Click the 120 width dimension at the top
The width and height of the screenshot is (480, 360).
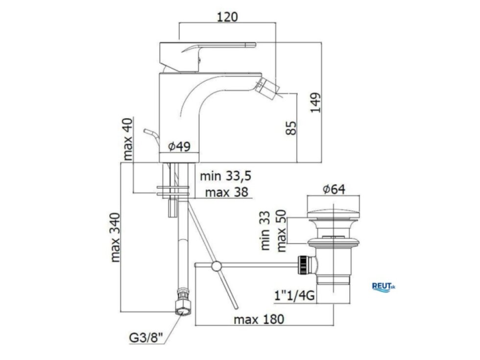coord(227,17)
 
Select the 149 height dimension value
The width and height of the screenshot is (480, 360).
coord(315,102)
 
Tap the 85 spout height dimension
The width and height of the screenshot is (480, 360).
coord(291,128)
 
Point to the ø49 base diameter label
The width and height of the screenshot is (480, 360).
coord(179,146)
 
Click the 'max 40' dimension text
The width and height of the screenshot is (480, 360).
coord(128,139)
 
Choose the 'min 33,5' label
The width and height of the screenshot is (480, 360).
coord(226,176)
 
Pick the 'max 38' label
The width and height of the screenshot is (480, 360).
coord(226,192)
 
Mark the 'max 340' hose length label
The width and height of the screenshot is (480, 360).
coord(115,238)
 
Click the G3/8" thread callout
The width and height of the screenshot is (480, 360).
coord(146,338)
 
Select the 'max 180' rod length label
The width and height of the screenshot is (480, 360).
coord(259,319)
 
